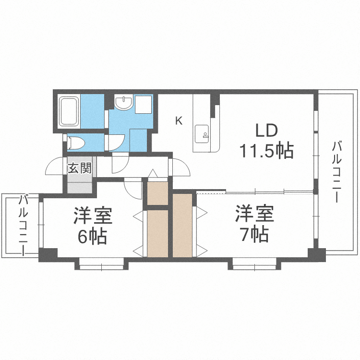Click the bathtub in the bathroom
coord(69,112)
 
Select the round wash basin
coord(124,102)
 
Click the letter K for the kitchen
coord(179,120)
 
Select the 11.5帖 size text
coord(266,151)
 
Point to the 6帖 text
coord(93,237)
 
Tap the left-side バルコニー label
coord(23,224)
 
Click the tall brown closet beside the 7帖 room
coord(182,224)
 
